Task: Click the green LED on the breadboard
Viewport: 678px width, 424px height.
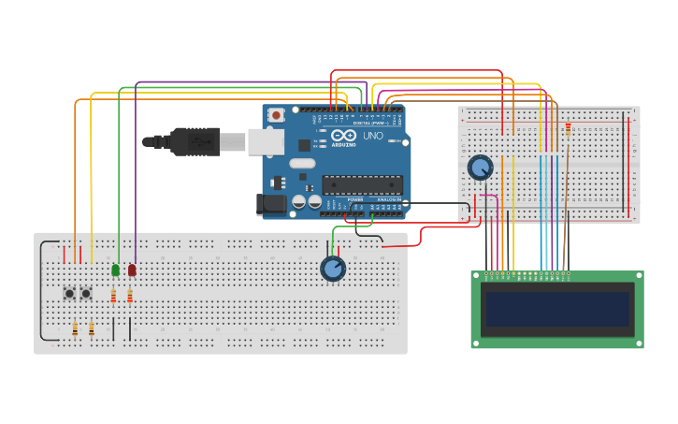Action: tap(115, 270)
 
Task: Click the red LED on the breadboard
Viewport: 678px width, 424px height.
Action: tap(132, 270)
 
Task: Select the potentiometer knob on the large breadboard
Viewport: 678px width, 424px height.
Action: tap(332, 269)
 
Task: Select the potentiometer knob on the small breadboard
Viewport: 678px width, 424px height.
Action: tap(480, 168)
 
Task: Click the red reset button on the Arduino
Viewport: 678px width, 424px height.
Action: tap(276, 115)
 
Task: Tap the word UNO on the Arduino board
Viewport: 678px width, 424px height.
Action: tap(372, 136)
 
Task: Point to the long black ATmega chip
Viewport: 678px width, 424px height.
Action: tap(362, 184)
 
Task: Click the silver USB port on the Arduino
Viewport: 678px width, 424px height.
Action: tap(266, 141)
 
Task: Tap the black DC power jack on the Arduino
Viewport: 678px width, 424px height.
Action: tap(271, 204)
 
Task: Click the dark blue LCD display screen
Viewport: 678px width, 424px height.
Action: tap(556, 309)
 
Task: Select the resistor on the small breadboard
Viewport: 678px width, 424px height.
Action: tap(568, 128)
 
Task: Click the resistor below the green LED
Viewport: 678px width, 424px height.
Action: tap(113, 297)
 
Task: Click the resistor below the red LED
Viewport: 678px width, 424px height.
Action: tap(130, 297)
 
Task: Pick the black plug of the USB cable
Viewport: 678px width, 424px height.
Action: tap(195, 141)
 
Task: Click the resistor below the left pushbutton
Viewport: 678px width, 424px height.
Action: tap(75, 329)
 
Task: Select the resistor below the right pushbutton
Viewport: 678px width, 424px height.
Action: tap(92, 329)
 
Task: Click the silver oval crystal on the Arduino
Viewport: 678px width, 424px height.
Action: tap(302, 163)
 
